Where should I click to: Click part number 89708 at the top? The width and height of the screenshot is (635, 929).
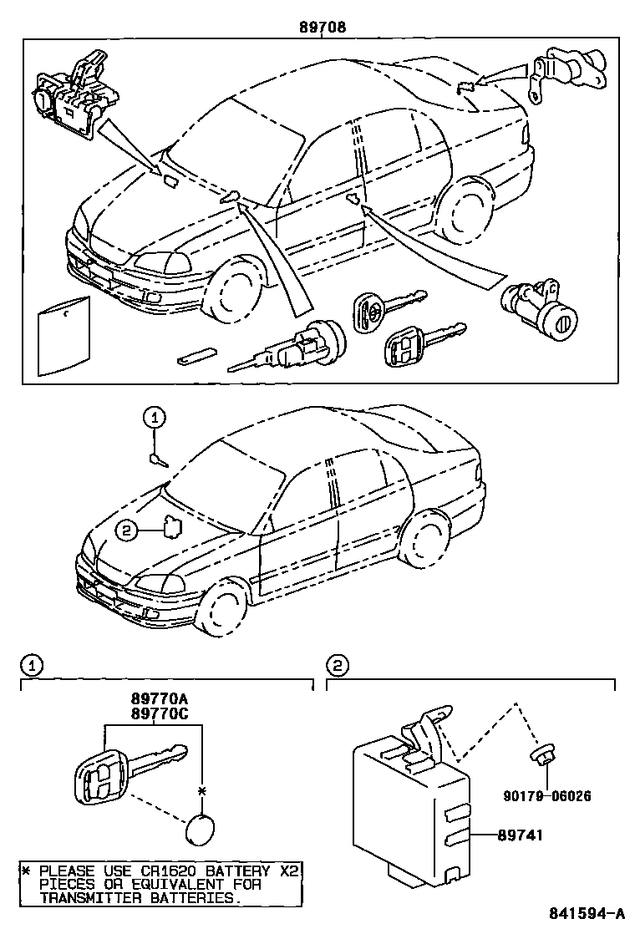coord(323,27)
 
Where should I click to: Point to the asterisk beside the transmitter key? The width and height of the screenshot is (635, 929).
coord(201,789)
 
